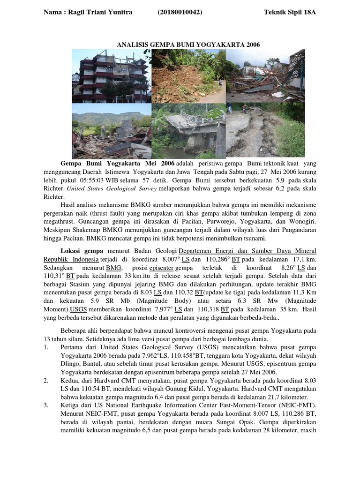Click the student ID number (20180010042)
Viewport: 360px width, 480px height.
pos(180,12)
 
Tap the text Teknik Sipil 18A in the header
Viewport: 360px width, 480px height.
pos(290,12)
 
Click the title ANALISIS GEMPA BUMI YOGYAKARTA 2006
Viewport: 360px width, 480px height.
pos(188,45)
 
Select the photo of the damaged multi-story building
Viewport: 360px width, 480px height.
pos(111,76)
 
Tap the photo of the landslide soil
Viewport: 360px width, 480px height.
pos(188,76)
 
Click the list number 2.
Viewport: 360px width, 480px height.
pos(46,381)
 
